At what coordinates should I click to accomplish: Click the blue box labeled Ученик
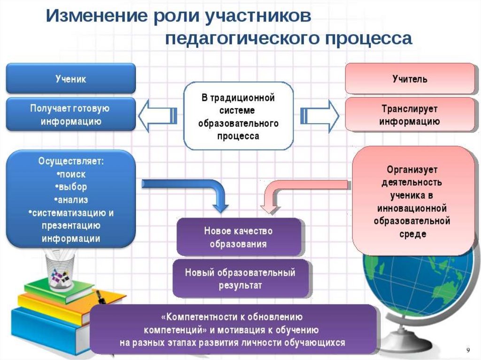(71, 78)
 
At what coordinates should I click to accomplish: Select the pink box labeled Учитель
(410, 78)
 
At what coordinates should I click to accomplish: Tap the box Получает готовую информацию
(70, 115)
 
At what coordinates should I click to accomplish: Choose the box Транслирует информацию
(410, 115)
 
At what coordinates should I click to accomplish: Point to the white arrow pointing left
(158, 115)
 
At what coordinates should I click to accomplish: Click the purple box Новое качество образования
(238, 237)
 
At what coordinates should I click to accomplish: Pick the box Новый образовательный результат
(240, 278)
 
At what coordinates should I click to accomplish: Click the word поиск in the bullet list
(71, 174)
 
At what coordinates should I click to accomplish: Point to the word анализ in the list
(71, 200)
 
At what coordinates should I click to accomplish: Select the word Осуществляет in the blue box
(71, 161)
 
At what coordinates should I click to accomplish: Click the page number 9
(468, 351)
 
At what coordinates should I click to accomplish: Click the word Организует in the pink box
(412, 169)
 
